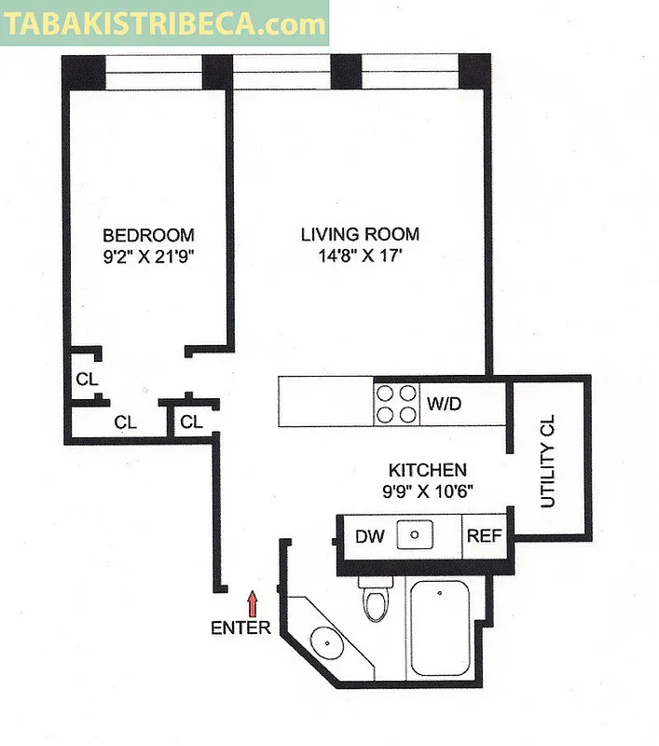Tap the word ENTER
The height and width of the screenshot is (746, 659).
(x=240, y=628)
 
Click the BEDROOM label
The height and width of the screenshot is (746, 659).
(x=148, y=235)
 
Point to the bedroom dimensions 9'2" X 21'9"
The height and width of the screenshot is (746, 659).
(x=148, y=255)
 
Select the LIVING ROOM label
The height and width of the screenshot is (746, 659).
(x=360, y=234)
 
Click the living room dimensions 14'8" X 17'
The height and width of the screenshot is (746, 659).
(x=360, y=255)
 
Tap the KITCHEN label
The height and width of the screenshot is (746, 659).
(x=427, y=471)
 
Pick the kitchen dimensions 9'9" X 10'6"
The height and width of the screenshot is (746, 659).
(x=428, y=491)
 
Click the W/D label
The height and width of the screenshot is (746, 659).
(x=445, y=404)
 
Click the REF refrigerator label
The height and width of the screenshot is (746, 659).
(x=484, y=536)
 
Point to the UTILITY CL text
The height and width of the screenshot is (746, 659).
(x=547, y=461)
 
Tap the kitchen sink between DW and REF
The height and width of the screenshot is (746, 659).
(x=417, y=535)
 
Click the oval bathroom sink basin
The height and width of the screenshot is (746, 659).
(x=326, y=642)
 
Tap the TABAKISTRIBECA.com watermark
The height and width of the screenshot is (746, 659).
(x=165, y=23)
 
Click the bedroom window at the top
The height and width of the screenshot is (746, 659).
(x=154, y=73)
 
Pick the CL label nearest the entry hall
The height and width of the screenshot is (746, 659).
(x=191, y=422)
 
